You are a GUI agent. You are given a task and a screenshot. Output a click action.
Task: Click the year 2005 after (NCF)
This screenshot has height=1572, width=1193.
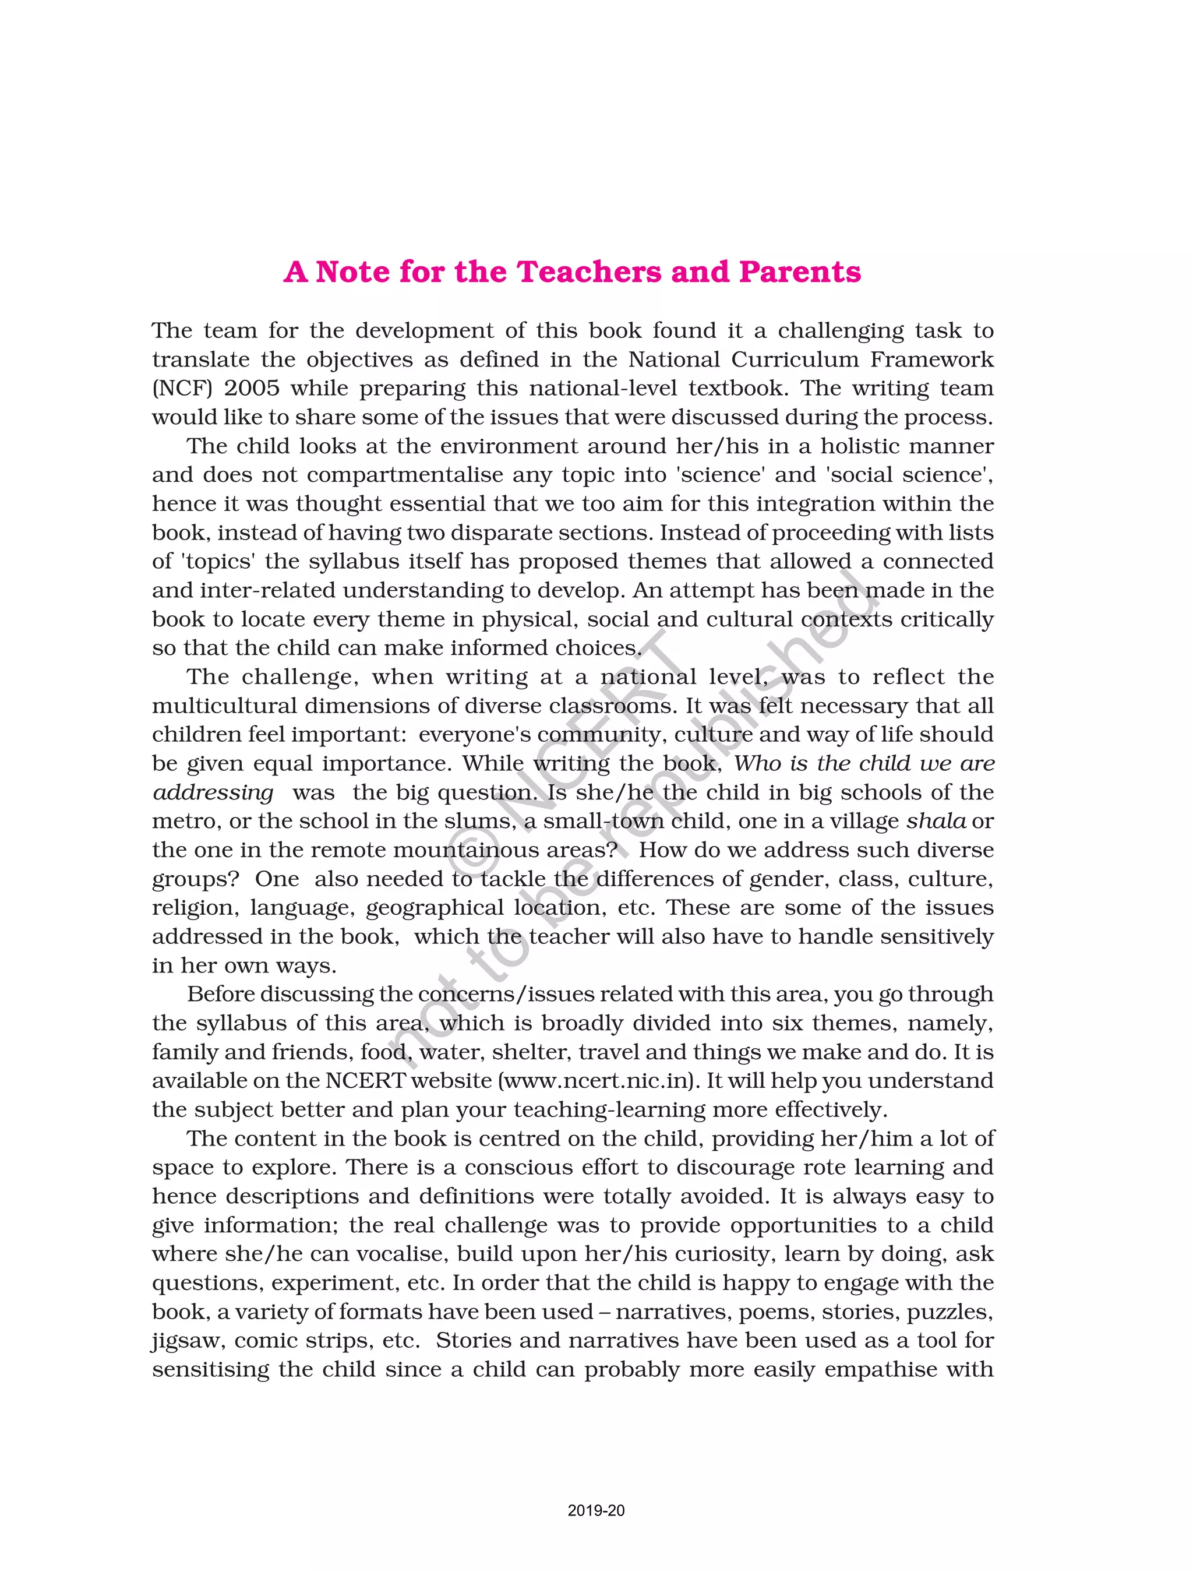coord(252,388)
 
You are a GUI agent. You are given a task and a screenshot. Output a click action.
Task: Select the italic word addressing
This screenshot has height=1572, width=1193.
coord(213,792)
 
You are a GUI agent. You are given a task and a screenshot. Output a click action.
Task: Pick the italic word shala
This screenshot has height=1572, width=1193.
coord(936,822)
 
